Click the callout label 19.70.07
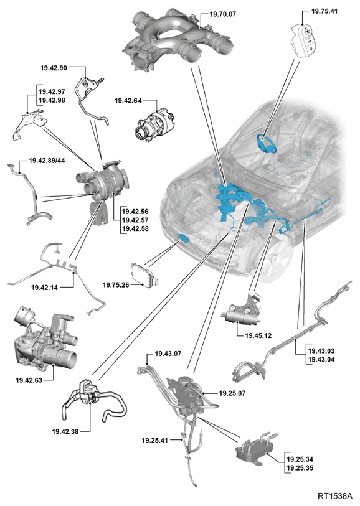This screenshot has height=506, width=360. pos(223,14)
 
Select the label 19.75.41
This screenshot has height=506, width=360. pos(324,11)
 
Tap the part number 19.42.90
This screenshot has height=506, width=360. pos(54,68)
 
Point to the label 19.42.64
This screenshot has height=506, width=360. pos(128,101)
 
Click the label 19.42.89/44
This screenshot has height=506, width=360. pos(47,161)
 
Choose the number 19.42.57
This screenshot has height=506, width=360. pos(135,220)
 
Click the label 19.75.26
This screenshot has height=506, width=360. pos(116,285)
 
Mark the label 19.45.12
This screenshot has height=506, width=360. pos(258,335)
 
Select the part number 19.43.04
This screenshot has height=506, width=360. pos(321,360)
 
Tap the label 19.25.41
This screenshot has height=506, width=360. pos(155,440)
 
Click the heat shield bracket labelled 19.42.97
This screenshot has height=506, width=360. pos(30,125)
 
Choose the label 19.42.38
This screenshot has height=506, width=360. pos(65,431)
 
